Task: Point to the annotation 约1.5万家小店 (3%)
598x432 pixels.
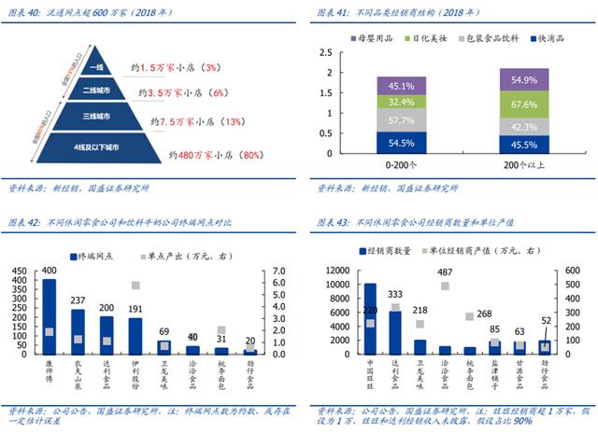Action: point(178,68)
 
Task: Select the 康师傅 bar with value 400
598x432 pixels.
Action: point(49,316)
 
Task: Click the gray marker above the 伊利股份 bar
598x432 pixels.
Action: point(135,286)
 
